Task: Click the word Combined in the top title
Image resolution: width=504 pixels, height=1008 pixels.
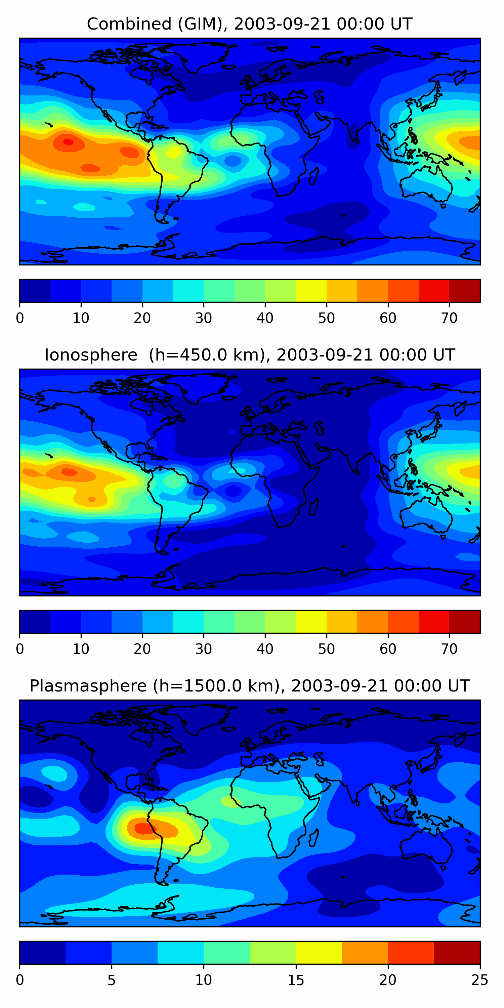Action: coord(129,24)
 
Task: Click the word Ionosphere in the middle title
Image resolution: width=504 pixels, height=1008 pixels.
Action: coord(91,355)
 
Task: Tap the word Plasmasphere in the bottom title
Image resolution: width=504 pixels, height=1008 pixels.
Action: coord(88,686)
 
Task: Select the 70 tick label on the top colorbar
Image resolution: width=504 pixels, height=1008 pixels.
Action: coord(449,318)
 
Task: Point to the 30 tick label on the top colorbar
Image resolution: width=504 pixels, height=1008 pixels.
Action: coord(204,318)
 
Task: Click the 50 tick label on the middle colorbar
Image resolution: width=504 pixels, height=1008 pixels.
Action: coord(326,649)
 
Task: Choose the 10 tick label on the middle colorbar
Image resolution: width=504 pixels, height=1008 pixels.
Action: coord(81,649)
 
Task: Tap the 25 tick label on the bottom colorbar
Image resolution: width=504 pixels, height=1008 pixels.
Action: coord(479,980)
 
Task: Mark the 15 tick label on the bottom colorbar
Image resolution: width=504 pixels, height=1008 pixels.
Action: coord(296,980)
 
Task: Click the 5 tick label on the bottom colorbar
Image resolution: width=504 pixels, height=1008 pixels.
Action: coord(112,980)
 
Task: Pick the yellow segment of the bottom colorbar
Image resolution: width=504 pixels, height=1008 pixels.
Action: coord(319,953)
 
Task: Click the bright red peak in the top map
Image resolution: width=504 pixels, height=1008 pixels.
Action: coord(69,142)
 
